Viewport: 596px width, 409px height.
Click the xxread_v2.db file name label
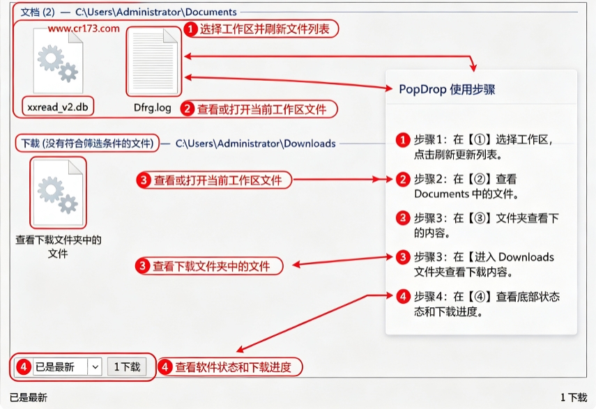pyautogui.click(x=58, y=107)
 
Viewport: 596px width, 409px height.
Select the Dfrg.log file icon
pyautogui.click(x=153, y=61)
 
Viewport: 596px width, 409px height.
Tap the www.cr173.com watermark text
pyautogui.click(x=84, y=29)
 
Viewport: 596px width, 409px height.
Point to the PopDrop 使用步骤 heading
pyautogui.click(x=447, y=90)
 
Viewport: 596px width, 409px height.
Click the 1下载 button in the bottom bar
pyautogui.click(x=127, y=367)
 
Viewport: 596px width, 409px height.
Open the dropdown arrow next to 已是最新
pyautogui.click(x=95, y=367)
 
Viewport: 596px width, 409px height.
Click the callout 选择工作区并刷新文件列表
pyautogui.click(x=261, y=29)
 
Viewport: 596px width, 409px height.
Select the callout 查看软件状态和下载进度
pyautogui.click(x=230, y=367)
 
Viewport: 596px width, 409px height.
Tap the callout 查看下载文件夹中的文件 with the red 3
pyautogui.click(x=209, y=266)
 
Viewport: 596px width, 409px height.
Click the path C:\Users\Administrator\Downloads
pyautogui.click(x=255, y=144)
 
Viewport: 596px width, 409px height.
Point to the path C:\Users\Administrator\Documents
pyautogui.click(x=156, y=12)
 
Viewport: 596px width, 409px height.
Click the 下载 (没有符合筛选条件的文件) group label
pyautogui.click(x=87, y=143)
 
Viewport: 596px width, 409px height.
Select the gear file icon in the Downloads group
pyautogui.click(x=58, y=192)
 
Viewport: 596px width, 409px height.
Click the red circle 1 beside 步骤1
pyautogui.click(x=403, y=140)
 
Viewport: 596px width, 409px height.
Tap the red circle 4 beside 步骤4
pyautogui.click(x=403, y=296)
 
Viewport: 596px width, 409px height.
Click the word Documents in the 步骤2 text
pyautogui.click(x=441, y=194)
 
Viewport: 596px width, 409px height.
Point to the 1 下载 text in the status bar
pyautogui.click(x=574, y=398)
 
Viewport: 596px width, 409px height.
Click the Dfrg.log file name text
pyautogui.click(x=153, y=108)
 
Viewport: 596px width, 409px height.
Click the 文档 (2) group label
pyautogui.click(x=38, y=12)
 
